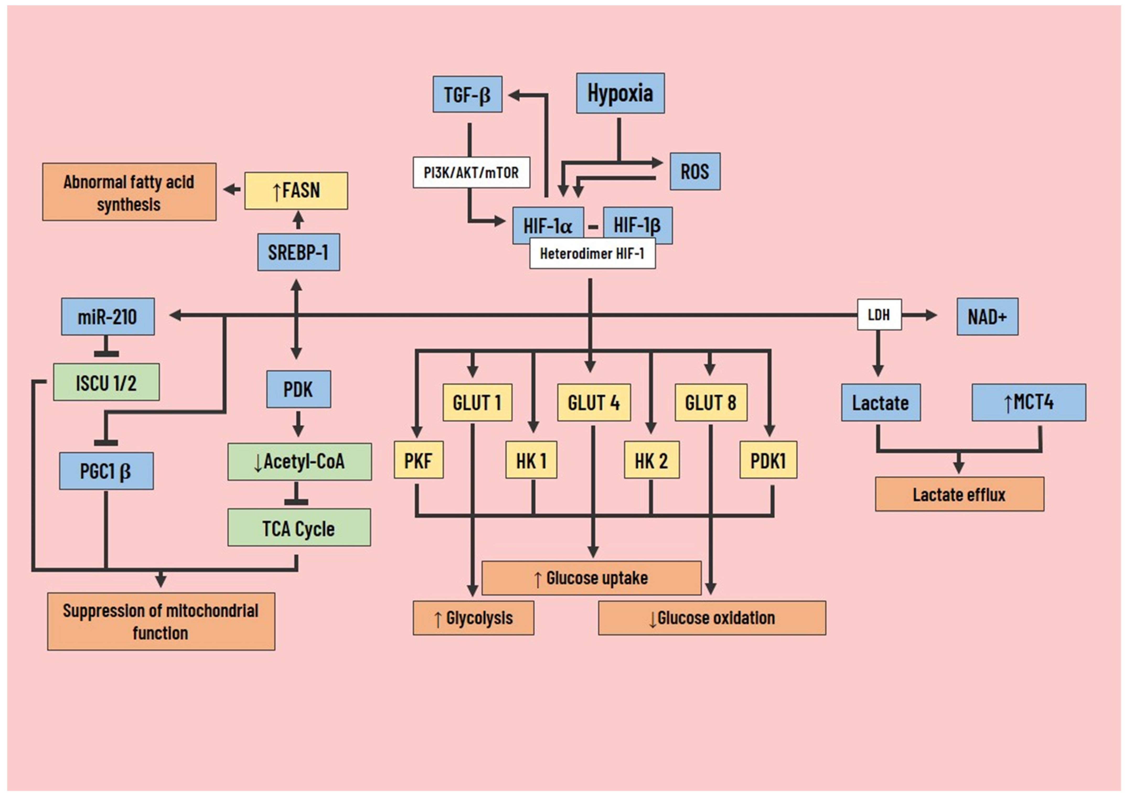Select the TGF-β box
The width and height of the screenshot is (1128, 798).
pyautogui.click(x=467, y=94)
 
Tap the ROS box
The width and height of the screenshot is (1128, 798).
pyautogui.click(x=694, y=171)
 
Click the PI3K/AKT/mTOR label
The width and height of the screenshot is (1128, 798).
pyautogui.click(x=471, y=172)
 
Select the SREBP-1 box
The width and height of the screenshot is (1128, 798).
pyautogui.click(x=298, y=252)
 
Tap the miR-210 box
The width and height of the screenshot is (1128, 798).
pyautogui.click(x=108, y=316)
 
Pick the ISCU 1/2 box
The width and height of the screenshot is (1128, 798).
pyautogui.click(x=106, y=382)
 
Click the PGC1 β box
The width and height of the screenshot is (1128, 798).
pyautogui.click(x=106, y=471)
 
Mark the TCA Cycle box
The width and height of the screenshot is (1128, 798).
pyautogui.click(x=299, y=528)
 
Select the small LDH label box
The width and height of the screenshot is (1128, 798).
pyautogui.click(x=879, y=315)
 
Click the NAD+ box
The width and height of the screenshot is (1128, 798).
pyautogui.click(x=987, y=316)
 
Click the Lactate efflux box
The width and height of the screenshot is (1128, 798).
pyautogui.click(x=959, y=494)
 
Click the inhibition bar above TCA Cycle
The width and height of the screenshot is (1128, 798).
pyautogui.click(x=296, y=502)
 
